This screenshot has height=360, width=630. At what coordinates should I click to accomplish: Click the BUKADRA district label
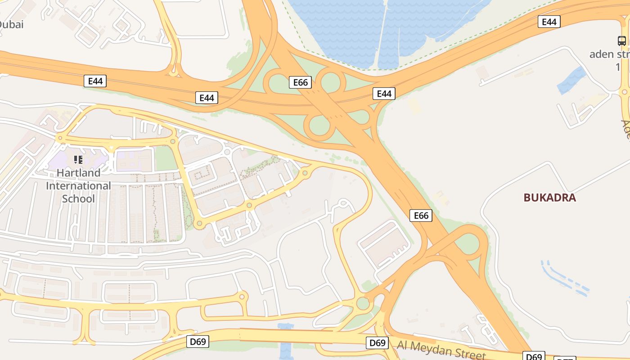coord(549,198)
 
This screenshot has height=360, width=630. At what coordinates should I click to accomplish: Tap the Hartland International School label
coord(79,185)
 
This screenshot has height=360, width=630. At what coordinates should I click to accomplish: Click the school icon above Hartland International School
coord(79,159)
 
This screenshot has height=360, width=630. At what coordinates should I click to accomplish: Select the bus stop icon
coord(621,41)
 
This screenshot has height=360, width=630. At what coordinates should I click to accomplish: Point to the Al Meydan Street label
coord(441,350)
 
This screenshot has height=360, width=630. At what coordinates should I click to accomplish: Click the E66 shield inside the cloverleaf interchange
coord(300,82)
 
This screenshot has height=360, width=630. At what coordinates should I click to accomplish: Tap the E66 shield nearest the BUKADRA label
coord(421,216)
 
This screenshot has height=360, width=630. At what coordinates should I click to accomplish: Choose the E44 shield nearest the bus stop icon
coord(549,22)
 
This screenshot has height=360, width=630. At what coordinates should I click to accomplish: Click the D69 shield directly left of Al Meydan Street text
coord(378,343)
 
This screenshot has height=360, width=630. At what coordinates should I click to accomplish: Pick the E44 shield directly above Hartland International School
coord(95,81)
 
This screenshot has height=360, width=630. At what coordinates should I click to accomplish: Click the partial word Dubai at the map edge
coord(11,24)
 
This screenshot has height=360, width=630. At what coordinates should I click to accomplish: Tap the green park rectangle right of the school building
coord(165,158)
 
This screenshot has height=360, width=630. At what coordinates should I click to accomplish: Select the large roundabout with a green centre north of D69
coord(363,303)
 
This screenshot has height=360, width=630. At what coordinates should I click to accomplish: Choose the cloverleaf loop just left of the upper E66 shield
coord(278,83)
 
